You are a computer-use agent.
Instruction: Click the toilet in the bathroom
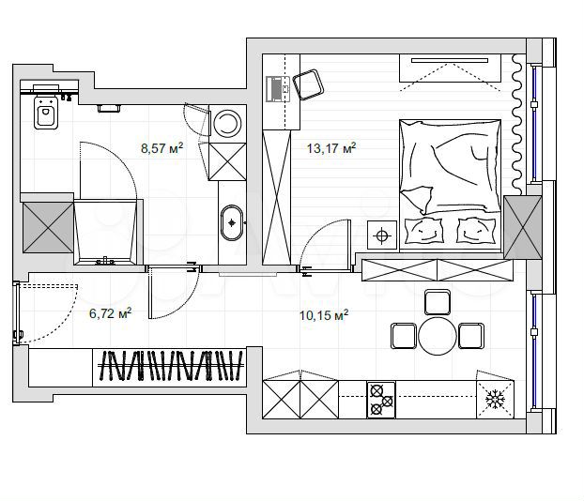(x=44, y=114)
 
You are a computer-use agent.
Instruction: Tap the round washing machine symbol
(x=226, y=123)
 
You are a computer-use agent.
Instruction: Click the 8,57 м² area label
(x=161, y=147)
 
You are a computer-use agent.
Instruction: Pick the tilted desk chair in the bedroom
(x=307, y=86)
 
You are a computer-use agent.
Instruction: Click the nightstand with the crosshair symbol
(x=382, y=235)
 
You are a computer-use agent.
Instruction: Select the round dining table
(x=437, y=336)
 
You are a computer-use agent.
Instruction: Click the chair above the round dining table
(x=437, y=302)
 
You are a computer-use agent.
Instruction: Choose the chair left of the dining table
(x=403, y=335)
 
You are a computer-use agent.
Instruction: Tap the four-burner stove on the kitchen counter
(x=380, y=399)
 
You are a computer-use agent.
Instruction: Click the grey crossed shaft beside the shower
(x=45, y=226)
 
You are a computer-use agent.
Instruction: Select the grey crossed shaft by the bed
(x=522, y=227)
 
